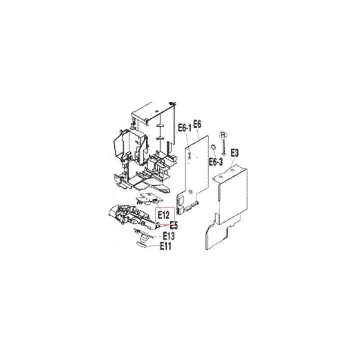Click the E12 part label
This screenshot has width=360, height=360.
point(163,215)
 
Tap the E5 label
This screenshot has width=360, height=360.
point(174,226)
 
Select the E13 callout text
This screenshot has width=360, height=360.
point(169,236)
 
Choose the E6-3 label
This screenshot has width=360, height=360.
point(216,162)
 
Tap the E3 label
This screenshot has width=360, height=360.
point(235,153)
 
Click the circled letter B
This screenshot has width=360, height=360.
point(223,135)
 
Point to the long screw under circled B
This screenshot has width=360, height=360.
point(223,147)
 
